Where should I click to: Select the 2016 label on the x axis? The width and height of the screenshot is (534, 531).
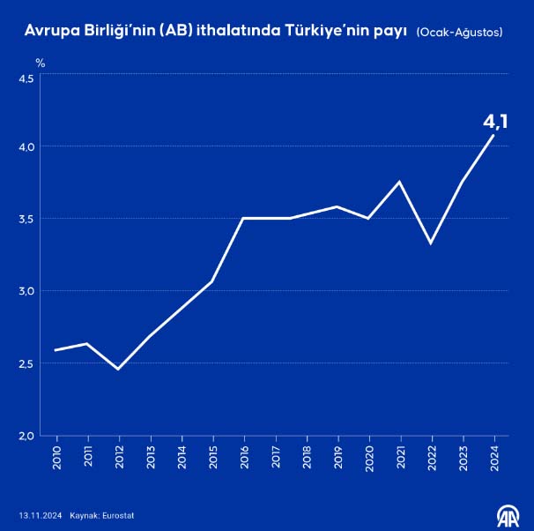[244, 458]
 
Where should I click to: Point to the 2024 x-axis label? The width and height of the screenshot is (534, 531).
[494, 458]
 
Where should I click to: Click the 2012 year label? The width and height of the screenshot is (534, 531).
[119, 458]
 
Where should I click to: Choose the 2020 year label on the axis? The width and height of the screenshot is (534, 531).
[369, 458]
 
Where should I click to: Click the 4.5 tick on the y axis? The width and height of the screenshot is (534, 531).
[26, 79]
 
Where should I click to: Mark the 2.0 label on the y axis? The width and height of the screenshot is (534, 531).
[26, 436]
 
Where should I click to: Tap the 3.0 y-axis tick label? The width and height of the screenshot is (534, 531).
[26, 291]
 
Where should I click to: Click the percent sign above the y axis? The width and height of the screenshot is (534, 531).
[40, 63]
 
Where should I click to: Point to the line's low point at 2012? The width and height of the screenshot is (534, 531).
[118, 369]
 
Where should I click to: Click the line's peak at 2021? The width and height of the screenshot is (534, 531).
[401, 182]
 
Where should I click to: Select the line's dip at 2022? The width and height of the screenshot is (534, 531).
[431, 243]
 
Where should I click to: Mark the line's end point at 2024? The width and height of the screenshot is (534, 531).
[493, 135]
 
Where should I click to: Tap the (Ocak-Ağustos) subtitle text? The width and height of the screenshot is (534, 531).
[459, 33]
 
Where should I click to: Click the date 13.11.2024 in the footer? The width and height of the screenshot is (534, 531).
[40, 515]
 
